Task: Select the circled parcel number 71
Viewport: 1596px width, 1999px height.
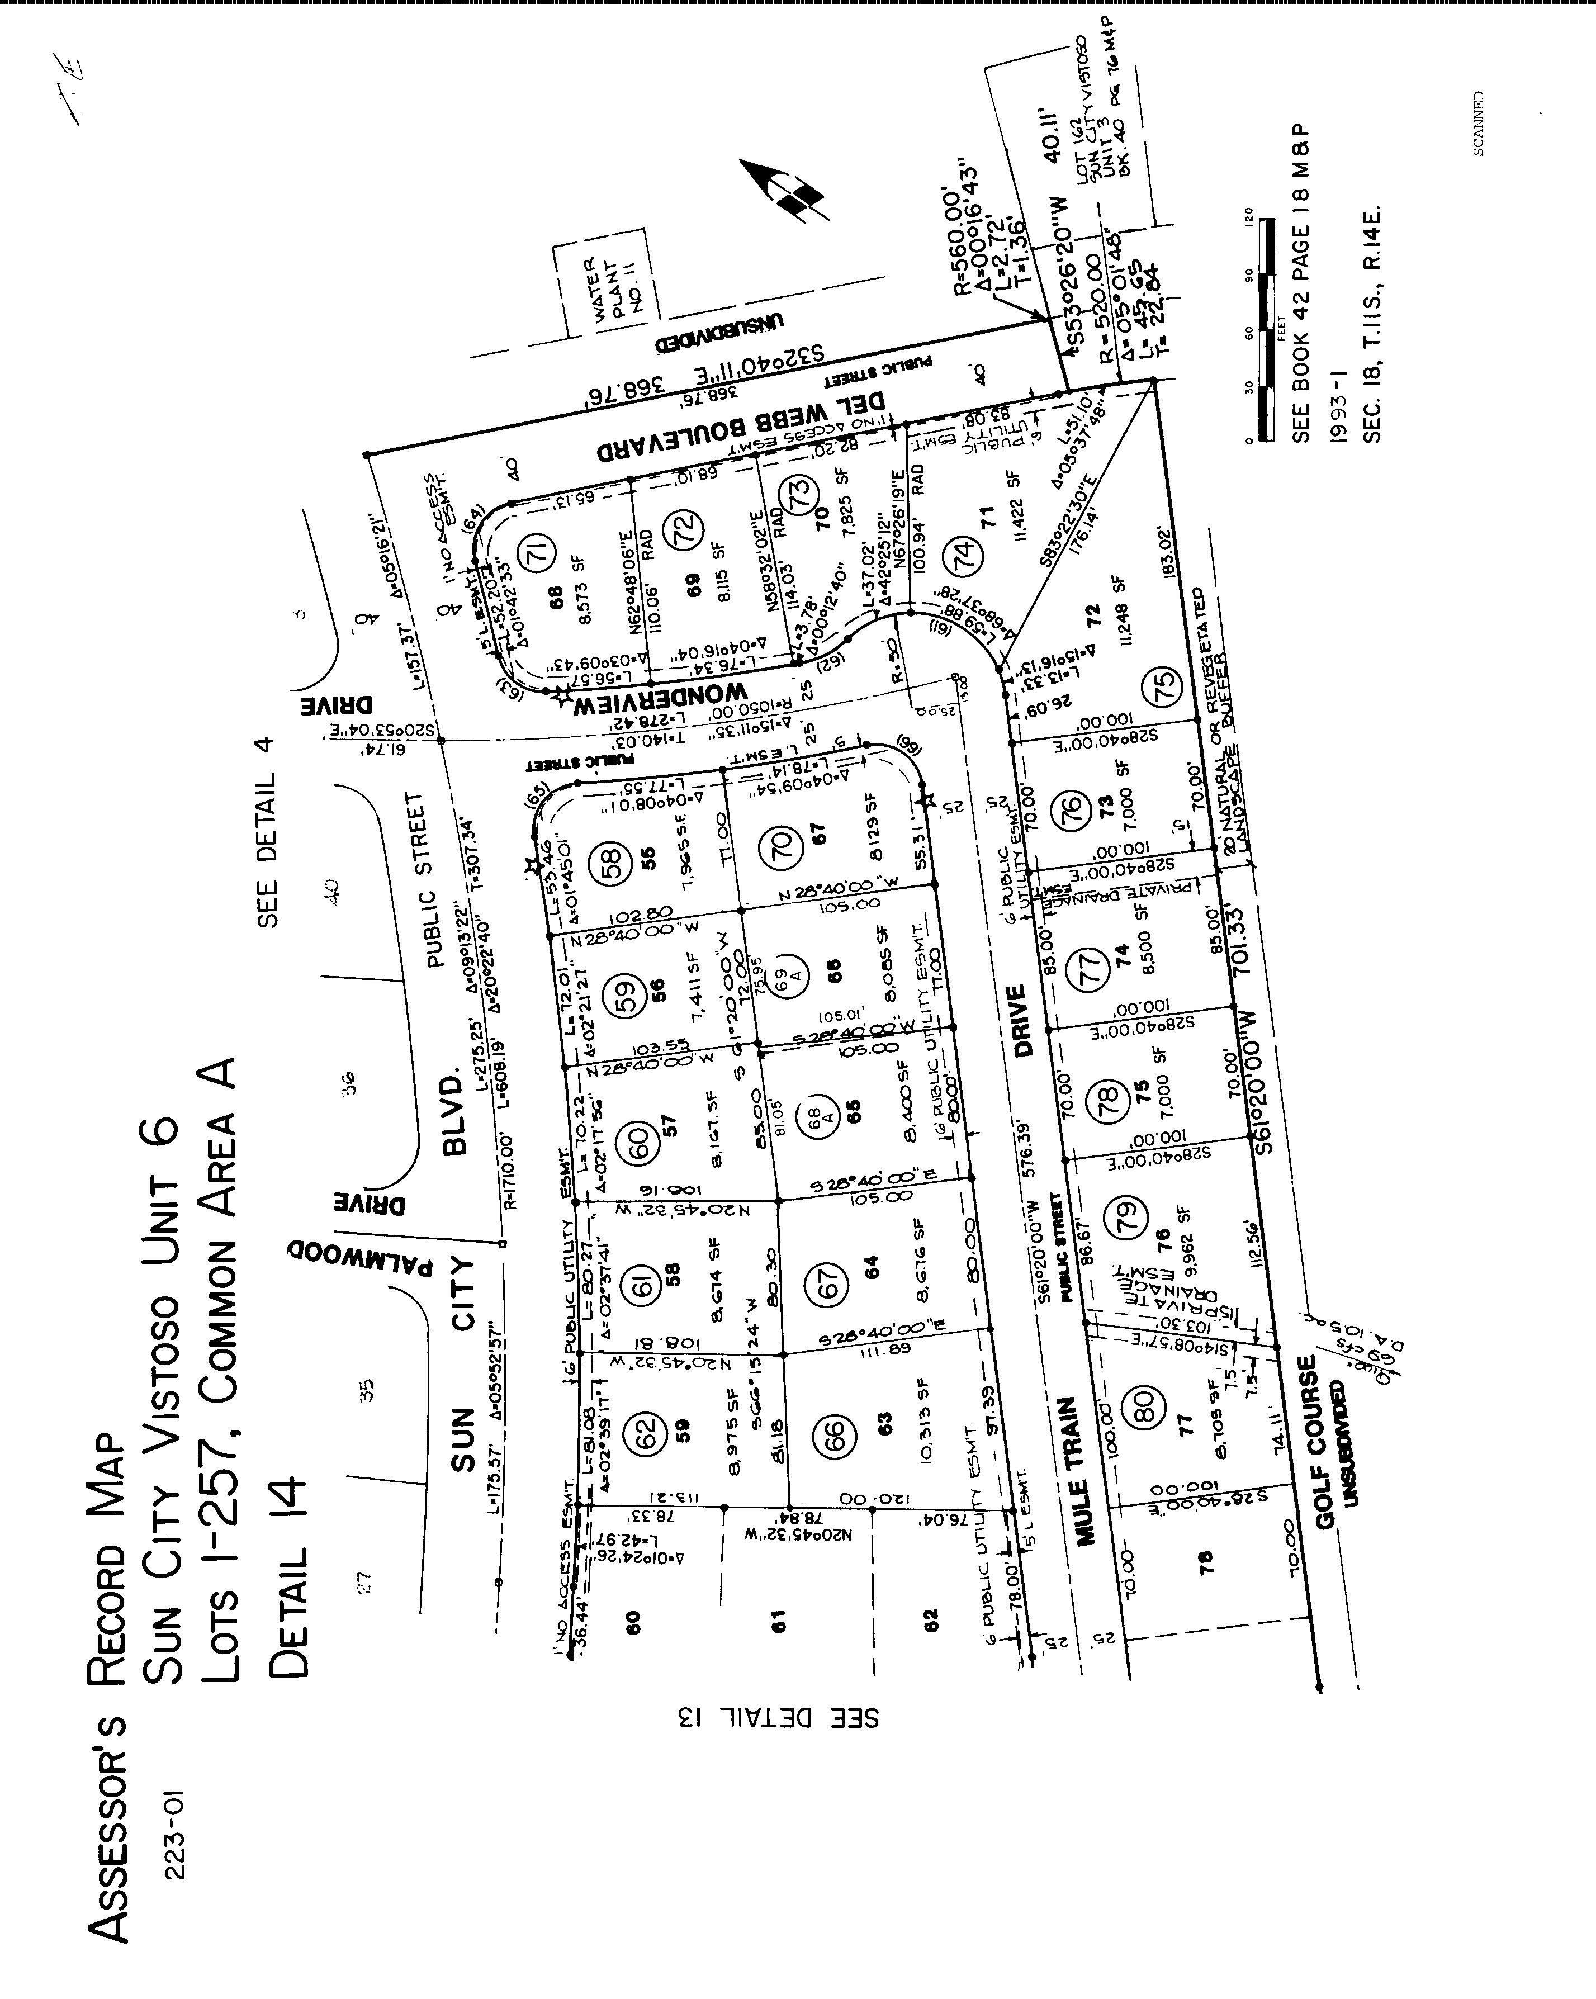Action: (x=539, y=551)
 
